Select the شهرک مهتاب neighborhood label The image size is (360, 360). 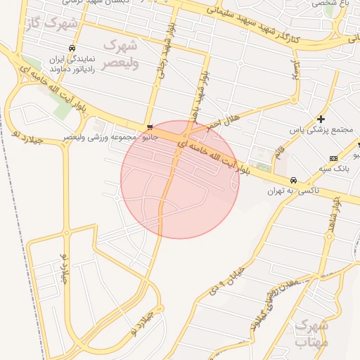pos(312,333)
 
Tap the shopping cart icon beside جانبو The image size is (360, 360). pos(150,127)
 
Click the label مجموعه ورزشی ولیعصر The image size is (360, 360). pos(98,136)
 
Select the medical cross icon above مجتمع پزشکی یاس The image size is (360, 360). pos(321,119)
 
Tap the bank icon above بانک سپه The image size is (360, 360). pos(333,157)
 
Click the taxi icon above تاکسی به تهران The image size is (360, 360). pos(293,179)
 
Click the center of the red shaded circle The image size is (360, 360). pos(180,179)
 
